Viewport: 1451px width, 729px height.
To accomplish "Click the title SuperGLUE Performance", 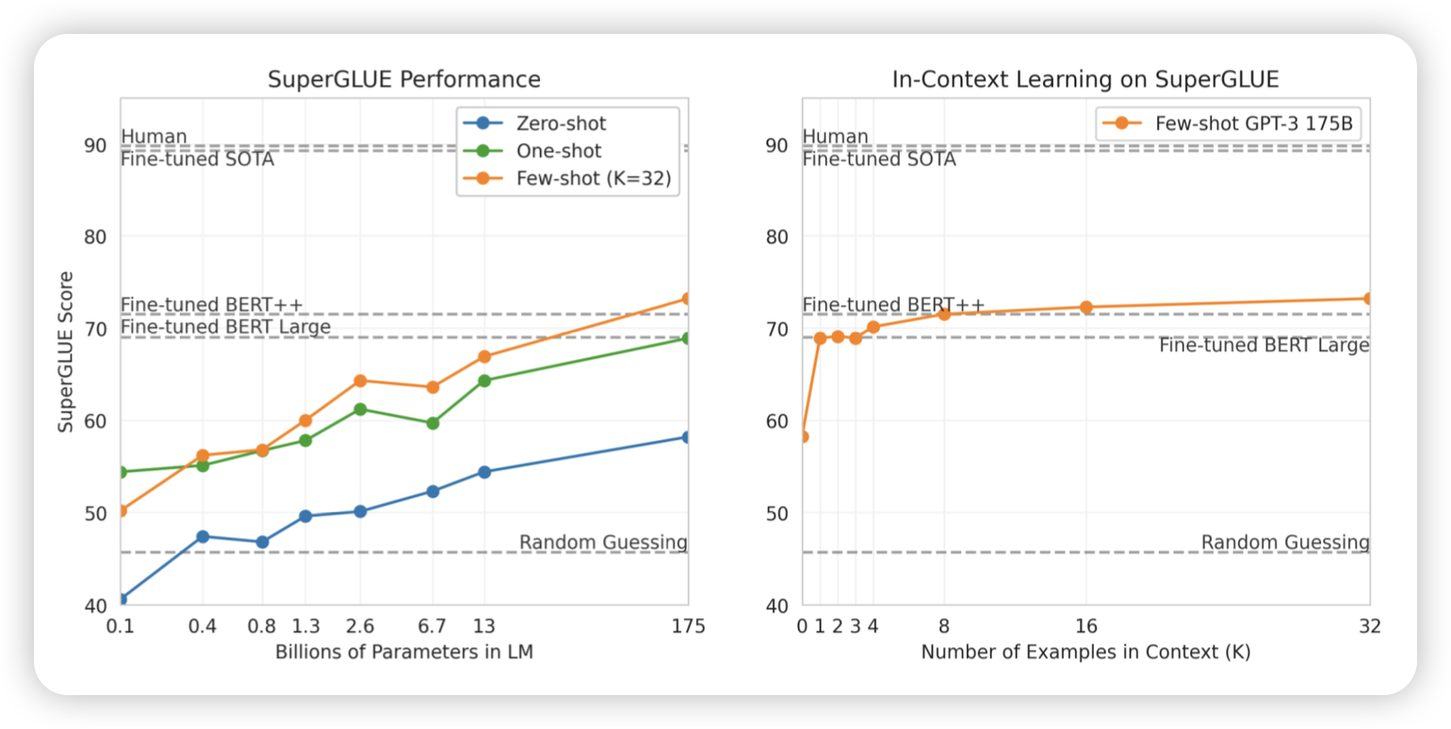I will coord(404,79).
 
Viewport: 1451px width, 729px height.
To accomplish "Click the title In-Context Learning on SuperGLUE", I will coord(1085,79).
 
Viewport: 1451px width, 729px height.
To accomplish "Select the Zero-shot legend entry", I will coord(562,123).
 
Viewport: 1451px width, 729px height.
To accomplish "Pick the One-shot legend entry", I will coord(559,151).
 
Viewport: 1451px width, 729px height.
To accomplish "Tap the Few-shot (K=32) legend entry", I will coord(594,179).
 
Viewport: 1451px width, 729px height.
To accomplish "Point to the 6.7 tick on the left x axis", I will coord(432,626).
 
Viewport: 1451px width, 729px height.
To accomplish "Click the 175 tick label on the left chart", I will coord(688,626).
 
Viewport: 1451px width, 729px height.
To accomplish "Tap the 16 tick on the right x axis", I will coord(1085,626).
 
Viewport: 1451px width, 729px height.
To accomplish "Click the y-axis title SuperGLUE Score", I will coord(66,352).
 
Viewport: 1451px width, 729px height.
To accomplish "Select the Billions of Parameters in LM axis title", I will coord(404,652).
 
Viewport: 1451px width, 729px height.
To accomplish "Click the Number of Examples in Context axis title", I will coord(1085,652).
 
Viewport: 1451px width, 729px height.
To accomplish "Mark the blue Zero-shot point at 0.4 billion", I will coord(203,536).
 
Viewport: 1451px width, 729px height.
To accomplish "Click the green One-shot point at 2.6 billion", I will coord(360,409).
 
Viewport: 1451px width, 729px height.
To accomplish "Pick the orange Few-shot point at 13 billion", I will coord(484,356).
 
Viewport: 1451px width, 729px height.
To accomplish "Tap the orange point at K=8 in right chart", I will coord(944,314).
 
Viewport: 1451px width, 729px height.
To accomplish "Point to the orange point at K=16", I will coord(1085,307).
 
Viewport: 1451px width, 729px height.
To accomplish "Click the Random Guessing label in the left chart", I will coord(603,543).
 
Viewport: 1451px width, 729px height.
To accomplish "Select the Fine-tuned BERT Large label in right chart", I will coord(1264,346).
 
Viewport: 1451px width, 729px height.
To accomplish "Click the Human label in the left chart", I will coord(155,137).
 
